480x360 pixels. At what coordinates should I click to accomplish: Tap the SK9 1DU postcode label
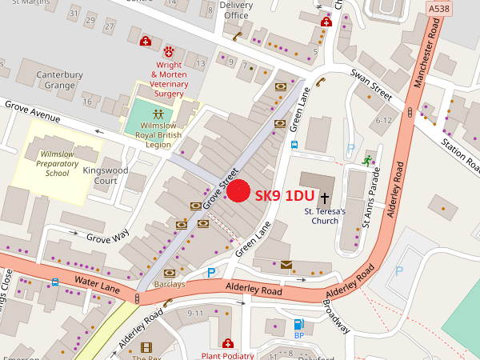[284, 195]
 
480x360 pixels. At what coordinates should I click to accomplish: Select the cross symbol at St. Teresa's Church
[325, 196]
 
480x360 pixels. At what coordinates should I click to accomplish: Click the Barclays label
[169, 284]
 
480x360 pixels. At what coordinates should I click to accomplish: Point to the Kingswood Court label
[116, 175]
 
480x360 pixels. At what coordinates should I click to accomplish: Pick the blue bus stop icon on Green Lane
[294, 145]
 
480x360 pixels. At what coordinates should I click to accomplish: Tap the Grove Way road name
[107, 237]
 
